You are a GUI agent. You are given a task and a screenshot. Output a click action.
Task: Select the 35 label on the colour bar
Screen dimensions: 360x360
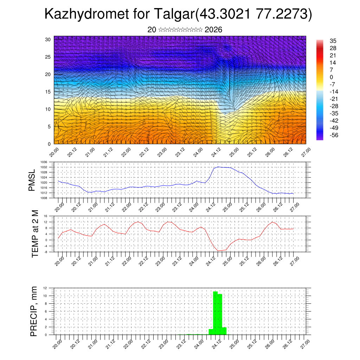[x=333, y=41]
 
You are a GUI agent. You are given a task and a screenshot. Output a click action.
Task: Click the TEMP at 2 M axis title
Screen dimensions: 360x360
[x=34, y=234]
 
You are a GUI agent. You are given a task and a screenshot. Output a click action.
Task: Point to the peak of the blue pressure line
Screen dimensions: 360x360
[x=218, y=167]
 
